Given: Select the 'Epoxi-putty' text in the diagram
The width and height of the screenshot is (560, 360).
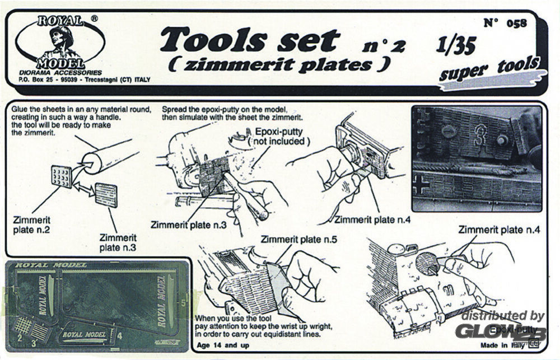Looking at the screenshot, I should pos(279,133).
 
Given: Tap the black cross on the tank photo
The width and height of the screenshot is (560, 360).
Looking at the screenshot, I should pos(421,185).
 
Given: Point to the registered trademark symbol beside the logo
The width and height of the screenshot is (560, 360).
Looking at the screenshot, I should pos(95,18).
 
